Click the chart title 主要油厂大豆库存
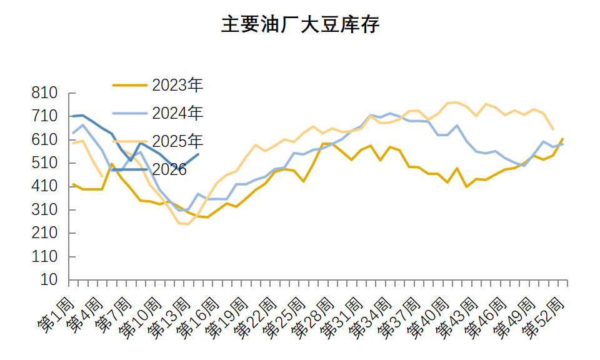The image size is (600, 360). (300, 25)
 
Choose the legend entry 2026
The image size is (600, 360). (169, 169)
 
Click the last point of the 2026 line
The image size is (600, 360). (198, 154)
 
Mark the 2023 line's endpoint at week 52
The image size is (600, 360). (562, 139)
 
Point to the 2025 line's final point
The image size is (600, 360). (553, 129)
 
